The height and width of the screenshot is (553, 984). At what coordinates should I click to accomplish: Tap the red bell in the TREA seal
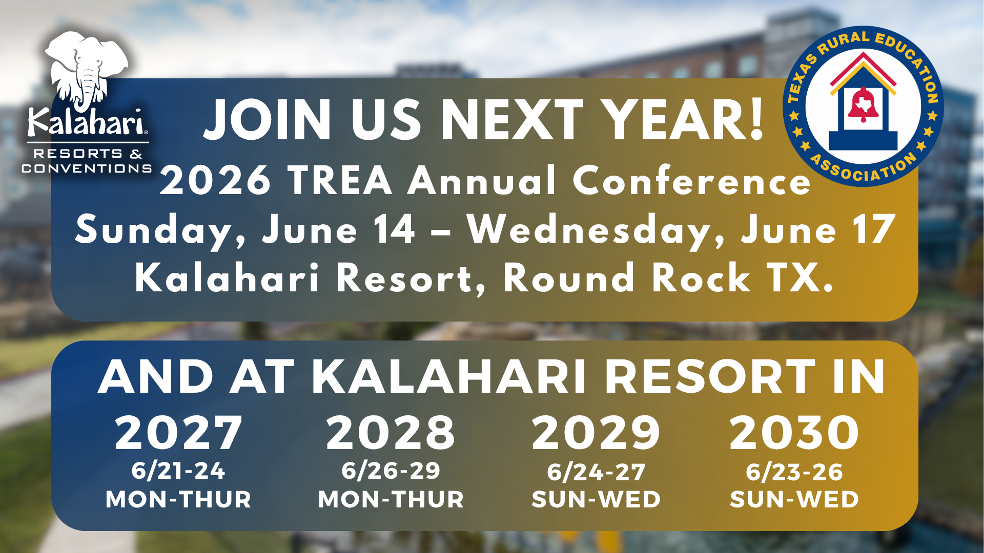[x=863, y=104]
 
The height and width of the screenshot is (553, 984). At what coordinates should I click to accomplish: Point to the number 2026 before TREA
[x=215, y=180]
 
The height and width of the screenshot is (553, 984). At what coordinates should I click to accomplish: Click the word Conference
[x=692, y=180]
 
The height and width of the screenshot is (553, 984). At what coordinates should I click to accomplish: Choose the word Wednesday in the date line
[x=596, y=231]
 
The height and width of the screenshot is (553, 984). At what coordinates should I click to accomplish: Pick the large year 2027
[x=178, y=433]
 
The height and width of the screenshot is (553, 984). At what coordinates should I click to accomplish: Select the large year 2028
[x=391, y=433]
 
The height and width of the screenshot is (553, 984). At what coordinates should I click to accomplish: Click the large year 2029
[x=596, y=433]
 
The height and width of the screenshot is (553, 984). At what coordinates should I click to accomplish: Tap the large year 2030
[x=794, y=433]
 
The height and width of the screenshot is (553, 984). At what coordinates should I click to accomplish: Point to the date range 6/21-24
[x=178, y=471]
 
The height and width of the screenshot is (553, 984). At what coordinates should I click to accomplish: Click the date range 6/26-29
[x=391, y=471]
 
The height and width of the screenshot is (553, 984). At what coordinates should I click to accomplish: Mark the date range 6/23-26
[x=794, y=472]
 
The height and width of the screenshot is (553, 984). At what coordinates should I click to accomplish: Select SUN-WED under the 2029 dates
[x=596, y=500]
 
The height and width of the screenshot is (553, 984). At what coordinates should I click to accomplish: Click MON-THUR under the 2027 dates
[x=178, y=500]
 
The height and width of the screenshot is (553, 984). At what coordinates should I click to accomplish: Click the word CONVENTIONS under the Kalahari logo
[x=87, y=168]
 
